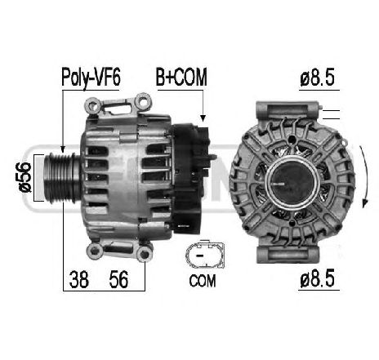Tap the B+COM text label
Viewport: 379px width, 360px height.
pos(181,78)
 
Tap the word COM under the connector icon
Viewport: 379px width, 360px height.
pos(202,282)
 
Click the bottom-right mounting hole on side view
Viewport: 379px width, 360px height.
pos(145,256)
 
